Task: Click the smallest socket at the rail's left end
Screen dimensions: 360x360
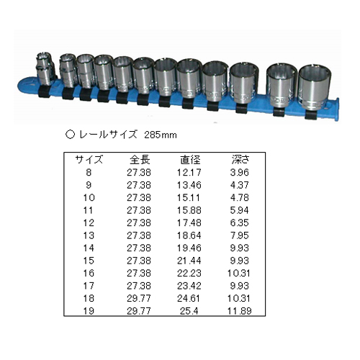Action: coord(45,70)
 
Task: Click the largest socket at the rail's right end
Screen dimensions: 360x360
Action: coord(315,87)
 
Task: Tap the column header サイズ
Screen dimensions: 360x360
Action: coord(89,160)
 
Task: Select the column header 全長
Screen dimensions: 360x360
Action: coord(140,160)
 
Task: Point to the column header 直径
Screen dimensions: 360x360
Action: coord(190,160)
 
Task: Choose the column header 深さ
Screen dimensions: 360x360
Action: coord(240,160)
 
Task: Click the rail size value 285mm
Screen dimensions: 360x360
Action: coord(161,135)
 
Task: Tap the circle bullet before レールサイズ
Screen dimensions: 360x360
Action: coord(70,134)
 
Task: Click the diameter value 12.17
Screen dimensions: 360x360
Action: coord(189,172)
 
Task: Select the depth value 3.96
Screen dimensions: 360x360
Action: coord(239,172)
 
